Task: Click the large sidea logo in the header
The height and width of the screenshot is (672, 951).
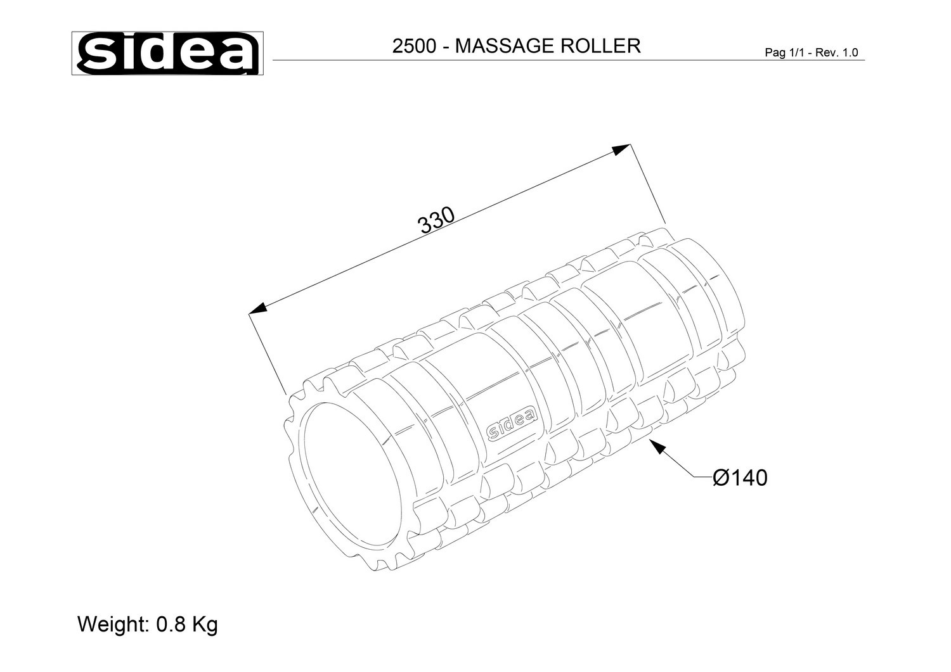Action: [x=167, y=53]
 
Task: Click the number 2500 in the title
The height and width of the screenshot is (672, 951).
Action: [x=414, y=46]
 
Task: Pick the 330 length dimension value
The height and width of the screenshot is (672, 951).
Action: [x=436, y=220]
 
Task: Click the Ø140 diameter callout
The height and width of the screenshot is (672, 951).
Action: [x=740, y=478]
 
